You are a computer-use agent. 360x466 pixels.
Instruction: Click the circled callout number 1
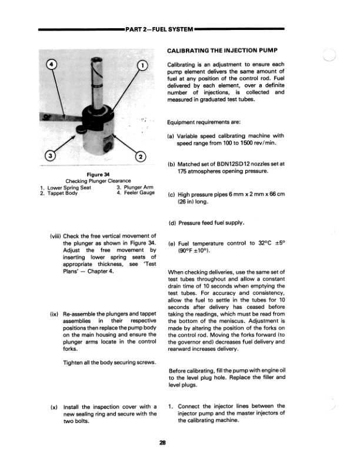point(142,65)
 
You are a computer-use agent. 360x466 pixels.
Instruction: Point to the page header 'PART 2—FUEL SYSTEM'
point(159,28)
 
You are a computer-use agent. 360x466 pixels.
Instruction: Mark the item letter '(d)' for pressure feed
point(174,223)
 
